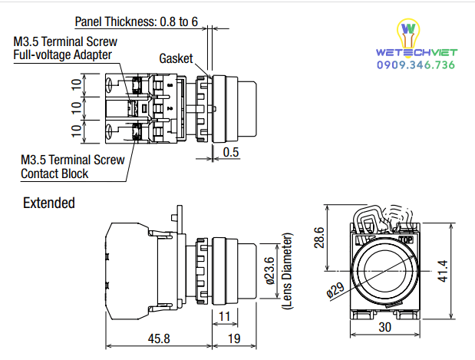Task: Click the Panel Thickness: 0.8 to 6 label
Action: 137,21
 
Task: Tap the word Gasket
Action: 176,58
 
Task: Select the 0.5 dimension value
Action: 231,152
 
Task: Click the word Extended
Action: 49,203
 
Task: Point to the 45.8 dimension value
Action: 159,339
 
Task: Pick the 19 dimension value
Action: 234,339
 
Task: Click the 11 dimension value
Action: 225,317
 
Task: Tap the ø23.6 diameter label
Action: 270,271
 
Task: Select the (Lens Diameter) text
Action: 288,271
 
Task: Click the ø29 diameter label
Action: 335,290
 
